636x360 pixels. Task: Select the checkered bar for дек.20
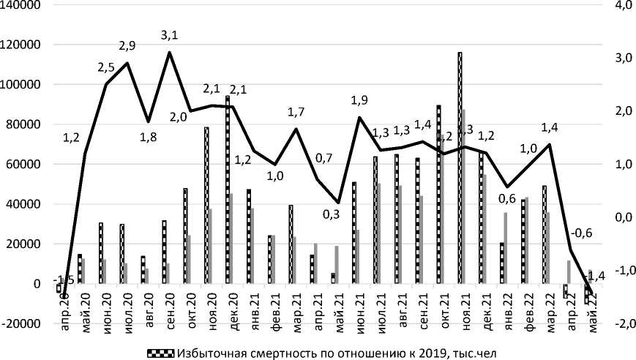228,190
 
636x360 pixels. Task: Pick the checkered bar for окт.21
438,194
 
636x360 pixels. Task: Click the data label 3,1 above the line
170,34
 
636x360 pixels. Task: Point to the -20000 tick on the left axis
22,323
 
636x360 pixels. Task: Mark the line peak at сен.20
170,53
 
